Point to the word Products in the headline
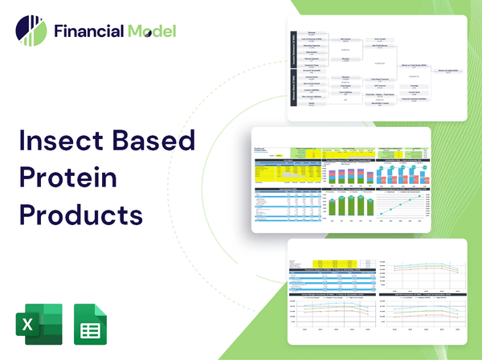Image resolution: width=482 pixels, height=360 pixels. click(x=80, y=215)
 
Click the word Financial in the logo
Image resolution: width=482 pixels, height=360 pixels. click(x=88, y=32)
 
